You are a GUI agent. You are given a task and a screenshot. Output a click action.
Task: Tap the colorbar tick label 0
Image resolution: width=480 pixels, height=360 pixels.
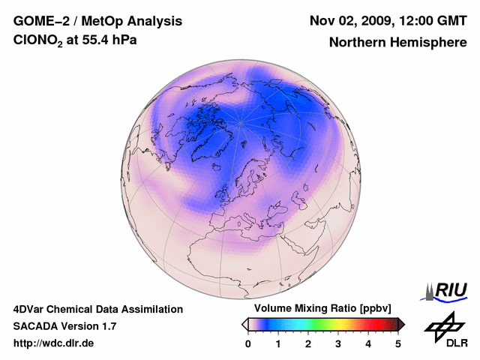coord(248,343)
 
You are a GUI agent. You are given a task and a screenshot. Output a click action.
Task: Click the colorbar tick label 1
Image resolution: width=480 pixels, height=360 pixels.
coord(278,343)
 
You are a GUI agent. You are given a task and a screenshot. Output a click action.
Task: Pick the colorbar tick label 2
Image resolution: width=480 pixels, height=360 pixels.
coord(308,343)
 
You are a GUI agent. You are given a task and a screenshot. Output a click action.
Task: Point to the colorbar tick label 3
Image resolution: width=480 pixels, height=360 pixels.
coord(338,343)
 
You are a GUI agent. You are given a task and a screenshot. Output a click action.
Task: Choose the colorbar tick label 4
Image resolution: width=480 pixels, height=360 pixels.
coord(368,343)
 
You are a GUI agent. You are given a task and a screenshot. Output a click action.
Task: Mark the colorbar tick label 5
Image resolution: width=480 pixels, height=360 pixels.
coord(398,343)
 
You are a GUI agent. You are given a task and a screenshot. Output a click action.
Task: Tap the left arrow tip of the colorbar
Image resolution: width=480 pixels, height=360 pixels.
coord(244,324)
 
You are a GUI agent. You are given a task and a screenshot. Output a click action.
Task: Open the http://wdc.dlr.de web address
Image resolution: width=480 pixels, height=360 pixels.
coord(54,343)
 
